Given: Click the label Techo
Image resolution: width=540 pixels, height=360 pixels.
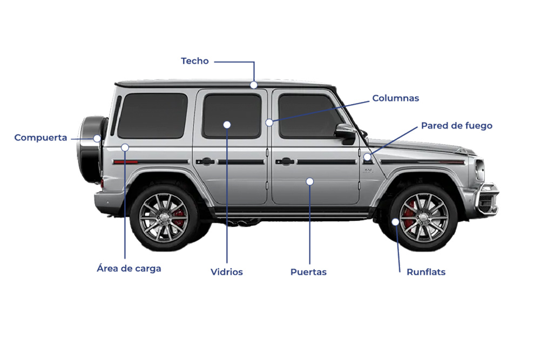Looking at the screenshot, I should (x=194, y=61).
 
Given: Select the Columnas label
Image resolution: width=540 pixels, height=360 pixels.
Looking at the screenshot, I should (x=395, y=98).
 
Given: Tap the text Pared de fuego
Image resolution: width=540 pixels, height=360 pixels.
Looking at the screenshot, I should (x=456, y=126).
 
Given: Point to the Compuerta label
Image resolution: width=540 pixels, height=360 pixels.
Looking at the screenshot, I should (x=40, y=138).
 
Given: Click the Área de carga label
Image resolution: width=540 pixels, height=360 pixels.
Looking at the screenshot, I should (x=129, y=268).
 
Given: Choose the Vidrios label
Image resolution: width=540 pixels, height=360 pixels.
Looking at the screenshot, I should (x=226, y=272).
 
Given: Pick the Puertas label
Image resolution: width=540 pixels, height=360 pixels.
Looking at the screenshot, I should (x=308, y=272).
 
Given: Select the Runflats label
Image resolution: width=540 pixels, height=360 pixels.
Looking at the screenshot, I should (x=426, y=272).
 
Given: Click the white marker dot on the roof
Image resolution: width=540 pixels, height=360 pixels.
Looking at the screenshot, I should (x=254, y=85).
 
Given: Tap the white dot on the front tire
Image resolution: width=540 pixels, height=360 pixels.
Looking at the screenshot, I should (x=395, y=222).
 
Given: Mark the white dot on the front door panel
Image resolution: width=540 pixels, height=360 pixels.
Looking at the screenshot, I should (x=309, y=181).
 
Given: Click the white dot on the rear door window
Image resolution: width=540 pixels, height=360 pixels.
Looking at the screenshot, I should (x=227, y=125).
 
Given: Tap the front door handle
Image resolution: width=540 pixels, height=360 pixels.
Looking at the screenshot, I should (x=285, y=161).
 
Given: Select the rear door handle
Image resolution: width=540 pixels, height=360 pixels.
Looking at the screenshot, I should (x=205, y=161).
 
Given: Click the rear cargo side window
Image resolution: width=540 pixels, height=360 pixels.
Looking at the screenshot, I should (x=152, y=115).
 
